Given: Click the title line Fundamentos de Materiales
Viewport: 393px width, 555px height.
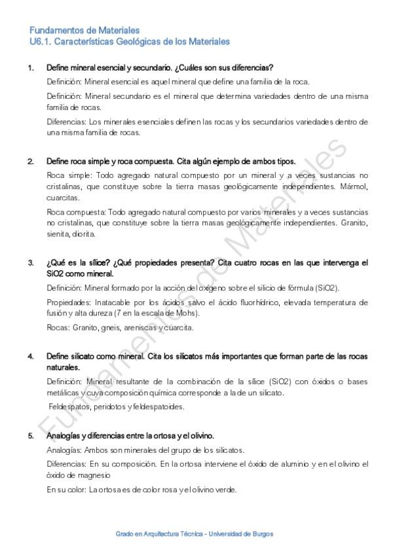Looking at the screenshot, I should pyautogui.click(x=84, y=30).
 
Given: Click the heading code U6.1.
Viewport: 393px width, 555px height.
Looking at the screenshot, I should pyautogui.click(x=39, y=41).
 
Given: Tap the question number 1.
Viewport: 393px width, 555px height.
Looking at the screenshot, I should pyautogui.click(x=30, y=68).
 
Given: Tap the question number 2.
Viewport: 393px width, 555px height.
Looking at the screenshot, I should pyautogui.click(x=30, y=162).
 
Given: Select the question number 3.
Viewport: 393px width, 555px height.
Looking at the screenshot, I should pyautogui.click(x=30, y=263).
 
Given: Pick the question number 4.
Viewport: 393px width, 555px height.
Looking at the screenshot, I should pyautogui.click(x=30, y=356).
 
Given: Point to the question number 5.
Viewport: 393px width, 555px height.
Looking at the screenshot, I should pyautogui.click(x=30, y=435).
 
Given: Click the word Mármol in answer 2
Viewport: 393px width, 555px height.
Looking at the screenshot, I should pyautogui.click(x=355, y=187).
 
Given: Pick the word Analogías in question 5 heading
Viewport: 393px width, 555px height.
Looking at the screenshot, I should pyautogui.click(x=64, y=435).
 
